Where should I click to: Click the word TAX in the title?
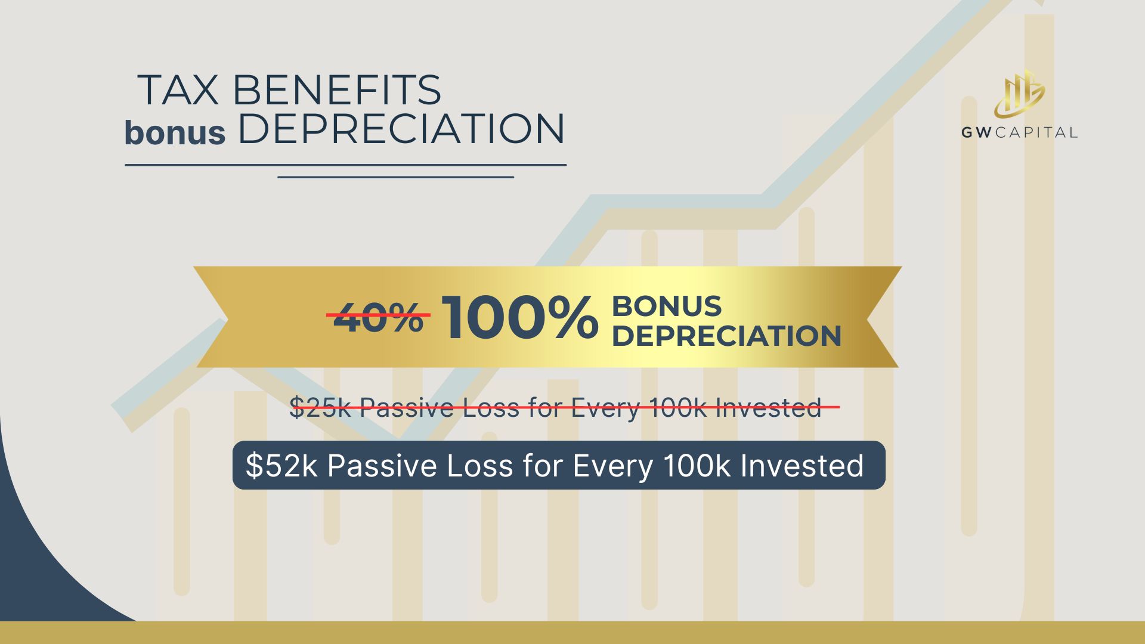coord(178,90)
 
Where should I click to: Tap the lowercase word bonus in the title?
coord(175,132)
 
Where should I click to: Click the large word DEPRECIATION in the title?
coord(401,128)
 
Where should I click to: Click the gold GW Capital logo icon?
coord(1019,94)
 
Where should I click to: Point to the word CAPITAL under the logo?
coord(1035,132)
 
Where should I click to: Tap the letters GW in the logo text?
coord(976,132)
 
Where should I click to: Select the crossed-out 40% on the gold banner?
coord(378,317)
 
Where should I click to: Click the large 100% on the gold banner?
coord(519,318)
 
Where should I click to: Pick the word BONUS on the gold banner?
coord(667,306)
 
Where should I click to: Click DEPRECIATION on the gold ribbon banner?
coord(726,336)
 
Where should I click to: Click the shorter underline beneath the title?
coord(396,177)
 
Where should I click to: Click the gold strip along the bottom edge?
coord(572,633)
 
